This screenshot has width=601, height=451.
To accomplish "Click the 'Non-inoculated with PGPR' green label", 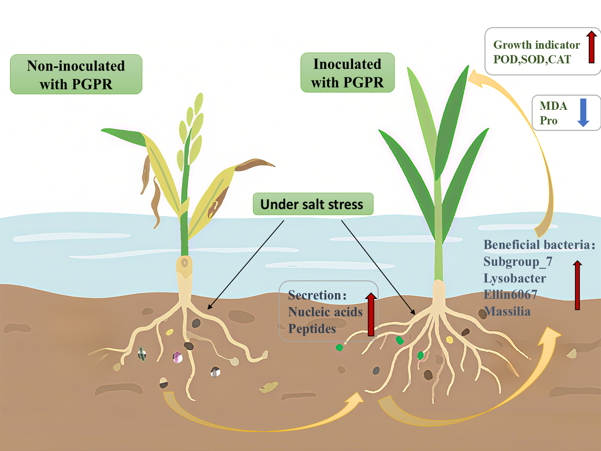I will (x=76, y=74).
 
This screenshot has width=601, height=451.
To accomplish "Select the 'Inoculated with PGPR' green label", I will (x=347, y=73).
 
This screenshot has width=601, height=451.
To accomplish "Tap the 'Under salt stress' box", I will (x=313, y=204).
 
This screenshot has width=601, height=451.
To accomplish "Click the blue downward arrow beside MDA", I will (x=583, y=112).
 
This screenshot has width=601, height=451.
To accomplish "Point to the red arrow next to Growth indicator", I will (x=591, y=47).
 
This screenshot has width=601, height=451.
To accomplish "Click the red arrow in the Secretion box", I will (x=371, y=314).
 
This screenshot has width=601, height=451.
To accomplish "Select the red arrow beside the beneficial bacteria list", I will (x=577, y=285).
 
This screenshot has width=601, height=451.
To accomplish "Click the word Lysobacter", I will (x=515, y=278).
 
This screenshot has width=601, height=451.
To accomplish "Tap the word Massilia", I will (x=507, y=311).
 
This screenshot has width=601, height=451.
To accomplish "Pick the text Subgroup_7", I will (x=518, y=262).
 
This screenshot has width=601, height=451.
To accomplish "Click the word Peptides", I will (x=312, y=329).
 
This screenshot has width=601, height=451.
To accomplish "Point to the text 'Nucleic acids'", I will (x=325, y=312).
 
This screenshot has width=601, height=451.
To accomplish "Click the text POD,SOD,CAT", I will (x=532, y=60).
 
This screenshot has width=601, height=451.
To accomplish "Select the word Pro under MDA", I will (x=549, y=121).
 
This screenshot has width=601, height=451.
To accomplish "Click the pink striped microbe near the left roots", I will (x=177, y=357).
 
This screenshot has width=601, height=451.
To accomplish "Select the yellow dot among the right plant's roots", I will (x=449, y=340).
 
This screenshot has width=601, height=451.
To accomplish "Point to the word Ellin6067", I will (x=510, y=295).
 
